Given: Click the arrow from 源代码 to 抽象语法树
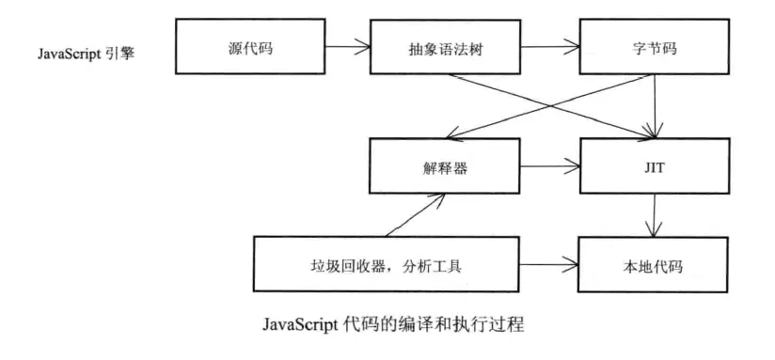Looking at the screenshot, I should (x=347, y=44).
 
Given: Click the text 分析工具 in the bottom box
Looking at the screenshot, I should (x=436, y=267).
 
